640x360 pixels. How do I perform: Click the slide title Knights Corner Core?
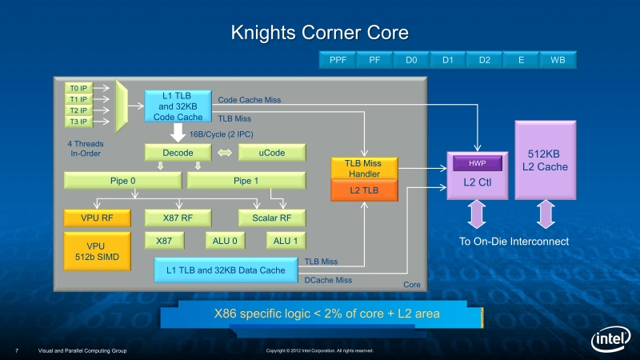[x=319, y=33]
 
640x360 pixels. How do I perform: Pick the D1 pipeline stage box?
[x=447, y=60]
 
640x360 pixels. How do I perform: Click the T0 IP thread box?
[x=78, y=88]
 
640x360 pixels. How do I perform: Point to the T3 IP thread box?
[x=78, y=122]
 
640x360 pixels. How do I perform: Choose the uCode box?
[x=272, y=152]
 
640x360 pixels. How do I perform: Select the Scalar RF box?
[x=271, y=218]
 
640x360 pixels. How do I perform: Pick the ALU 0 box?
[x=225, y=241]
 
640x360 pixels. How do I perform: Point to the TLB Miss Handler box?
[x=362, y=168]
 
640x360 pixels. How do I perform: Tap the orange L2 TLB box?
[x=362, y=190]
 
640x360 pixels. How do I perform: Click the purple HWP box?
[x=477, y=163]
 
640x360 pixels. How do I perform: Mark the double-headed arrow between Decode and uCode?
[x=224, y=152]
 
